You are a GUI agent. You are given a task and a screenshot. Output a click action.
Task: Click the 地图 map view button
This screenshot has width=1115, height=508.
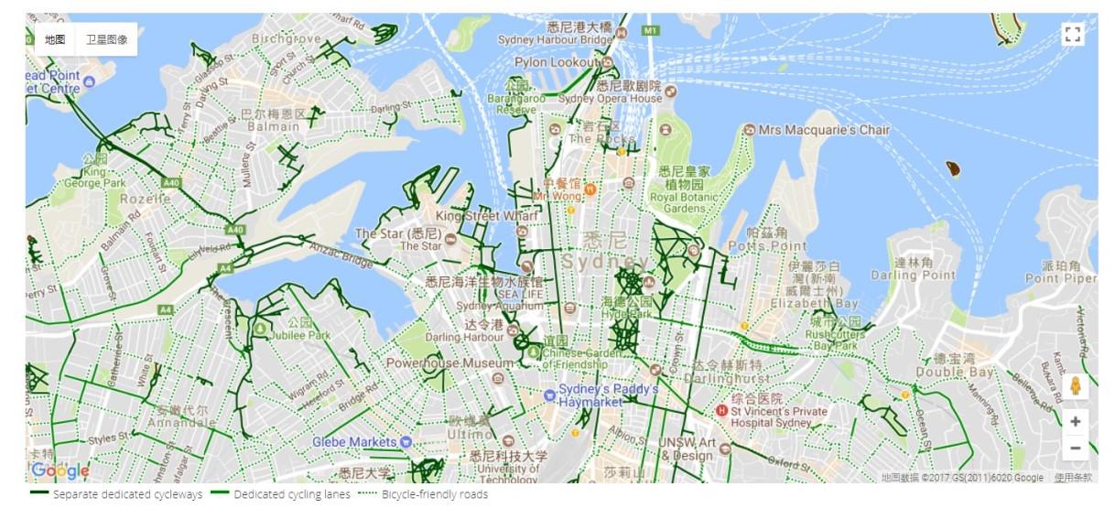click(55, 39)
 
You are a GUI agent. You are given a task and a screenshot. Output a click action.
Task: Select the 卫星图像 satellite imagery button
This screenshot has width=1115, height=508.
click(106, 39)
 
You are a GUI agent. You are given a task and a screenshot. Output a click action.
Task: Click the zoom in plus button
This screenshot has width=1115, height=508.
click(1075, 422)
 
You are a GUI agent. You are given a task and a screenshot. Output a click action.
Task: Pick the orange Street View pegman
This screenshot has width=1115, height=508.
click(1076, 385)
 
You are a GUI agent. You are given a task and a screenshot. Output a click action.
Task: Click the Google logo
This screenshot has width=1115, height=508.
click(60, 470)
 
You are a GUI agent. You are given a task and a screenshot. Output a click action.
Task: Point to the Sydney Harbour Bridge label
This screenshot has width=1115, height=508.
click(555, 39)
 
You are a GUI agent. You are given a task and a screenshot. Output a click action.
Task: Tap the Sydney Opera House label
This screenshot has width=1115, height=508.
click(610, 98)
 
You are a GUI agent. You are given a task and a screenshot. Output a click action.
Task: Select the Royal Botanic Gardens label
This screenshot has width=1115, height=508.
click(677, 197)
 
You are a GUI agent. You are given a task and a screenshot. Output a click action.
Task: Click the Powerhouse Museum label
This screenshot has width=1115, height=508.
click(437, 363)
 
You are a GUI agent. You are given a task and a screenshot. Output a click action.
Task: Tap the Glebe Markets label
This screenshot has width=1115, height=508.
click(355, 441)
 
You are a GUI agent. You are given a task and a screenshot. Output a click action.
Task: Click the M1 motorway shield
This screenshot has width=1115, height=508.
click(650, 30)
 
